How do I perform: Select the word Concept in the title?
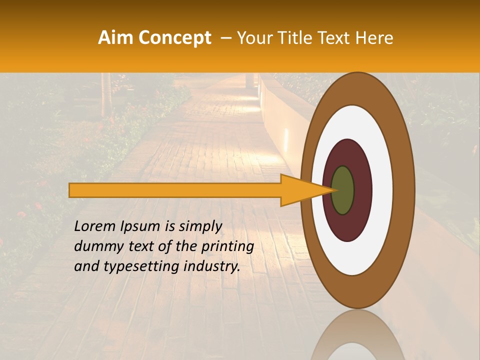pyautogui.click(x=175, y=38)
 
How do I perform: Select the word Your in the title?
pyautogui.click(x=253, y=38)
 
